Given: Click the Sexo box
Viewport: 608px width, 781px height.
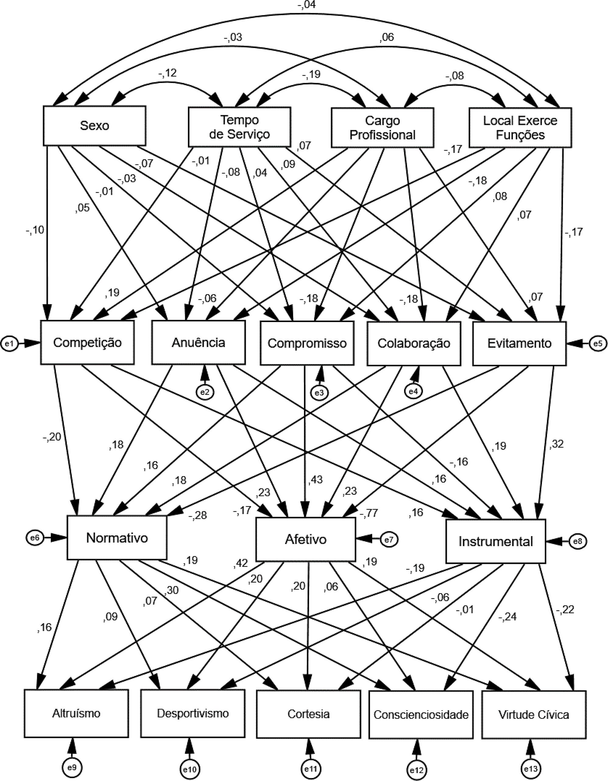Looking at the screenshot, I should tap(94, 125).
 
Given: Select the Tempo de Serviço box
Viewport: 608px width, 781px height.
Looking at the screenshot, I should tap(239, 127).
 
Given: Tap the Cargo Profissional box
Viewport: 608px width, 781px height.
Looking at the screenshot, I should tap(382, 128).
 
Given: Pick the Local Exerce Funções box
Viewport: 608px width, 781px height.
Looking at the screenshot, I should tap(520, 128).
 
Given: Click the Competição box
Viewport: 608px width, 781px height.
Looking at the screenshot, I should tap(87, 342).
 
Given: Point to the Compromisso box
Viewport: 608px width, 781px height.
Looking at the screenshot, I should tap(307, 343).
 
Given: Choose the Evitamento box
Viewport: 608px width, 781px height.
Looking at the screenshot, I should tap(519, 343).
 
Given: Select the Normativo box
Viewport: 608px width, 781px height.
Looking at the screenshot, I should tap(117, 538).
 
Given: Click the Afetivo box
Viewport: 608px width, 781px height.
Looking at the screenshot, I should tap(306, 539).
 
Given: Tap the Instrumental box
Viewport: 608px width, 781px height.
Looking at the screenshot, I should tap(496, 541).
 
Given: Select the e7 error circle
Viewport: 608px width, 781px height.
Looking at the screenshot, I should tap(389, 539).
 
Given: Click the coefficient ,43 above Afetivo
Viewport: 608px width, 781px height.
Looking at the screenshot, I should tap(315, 479).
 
